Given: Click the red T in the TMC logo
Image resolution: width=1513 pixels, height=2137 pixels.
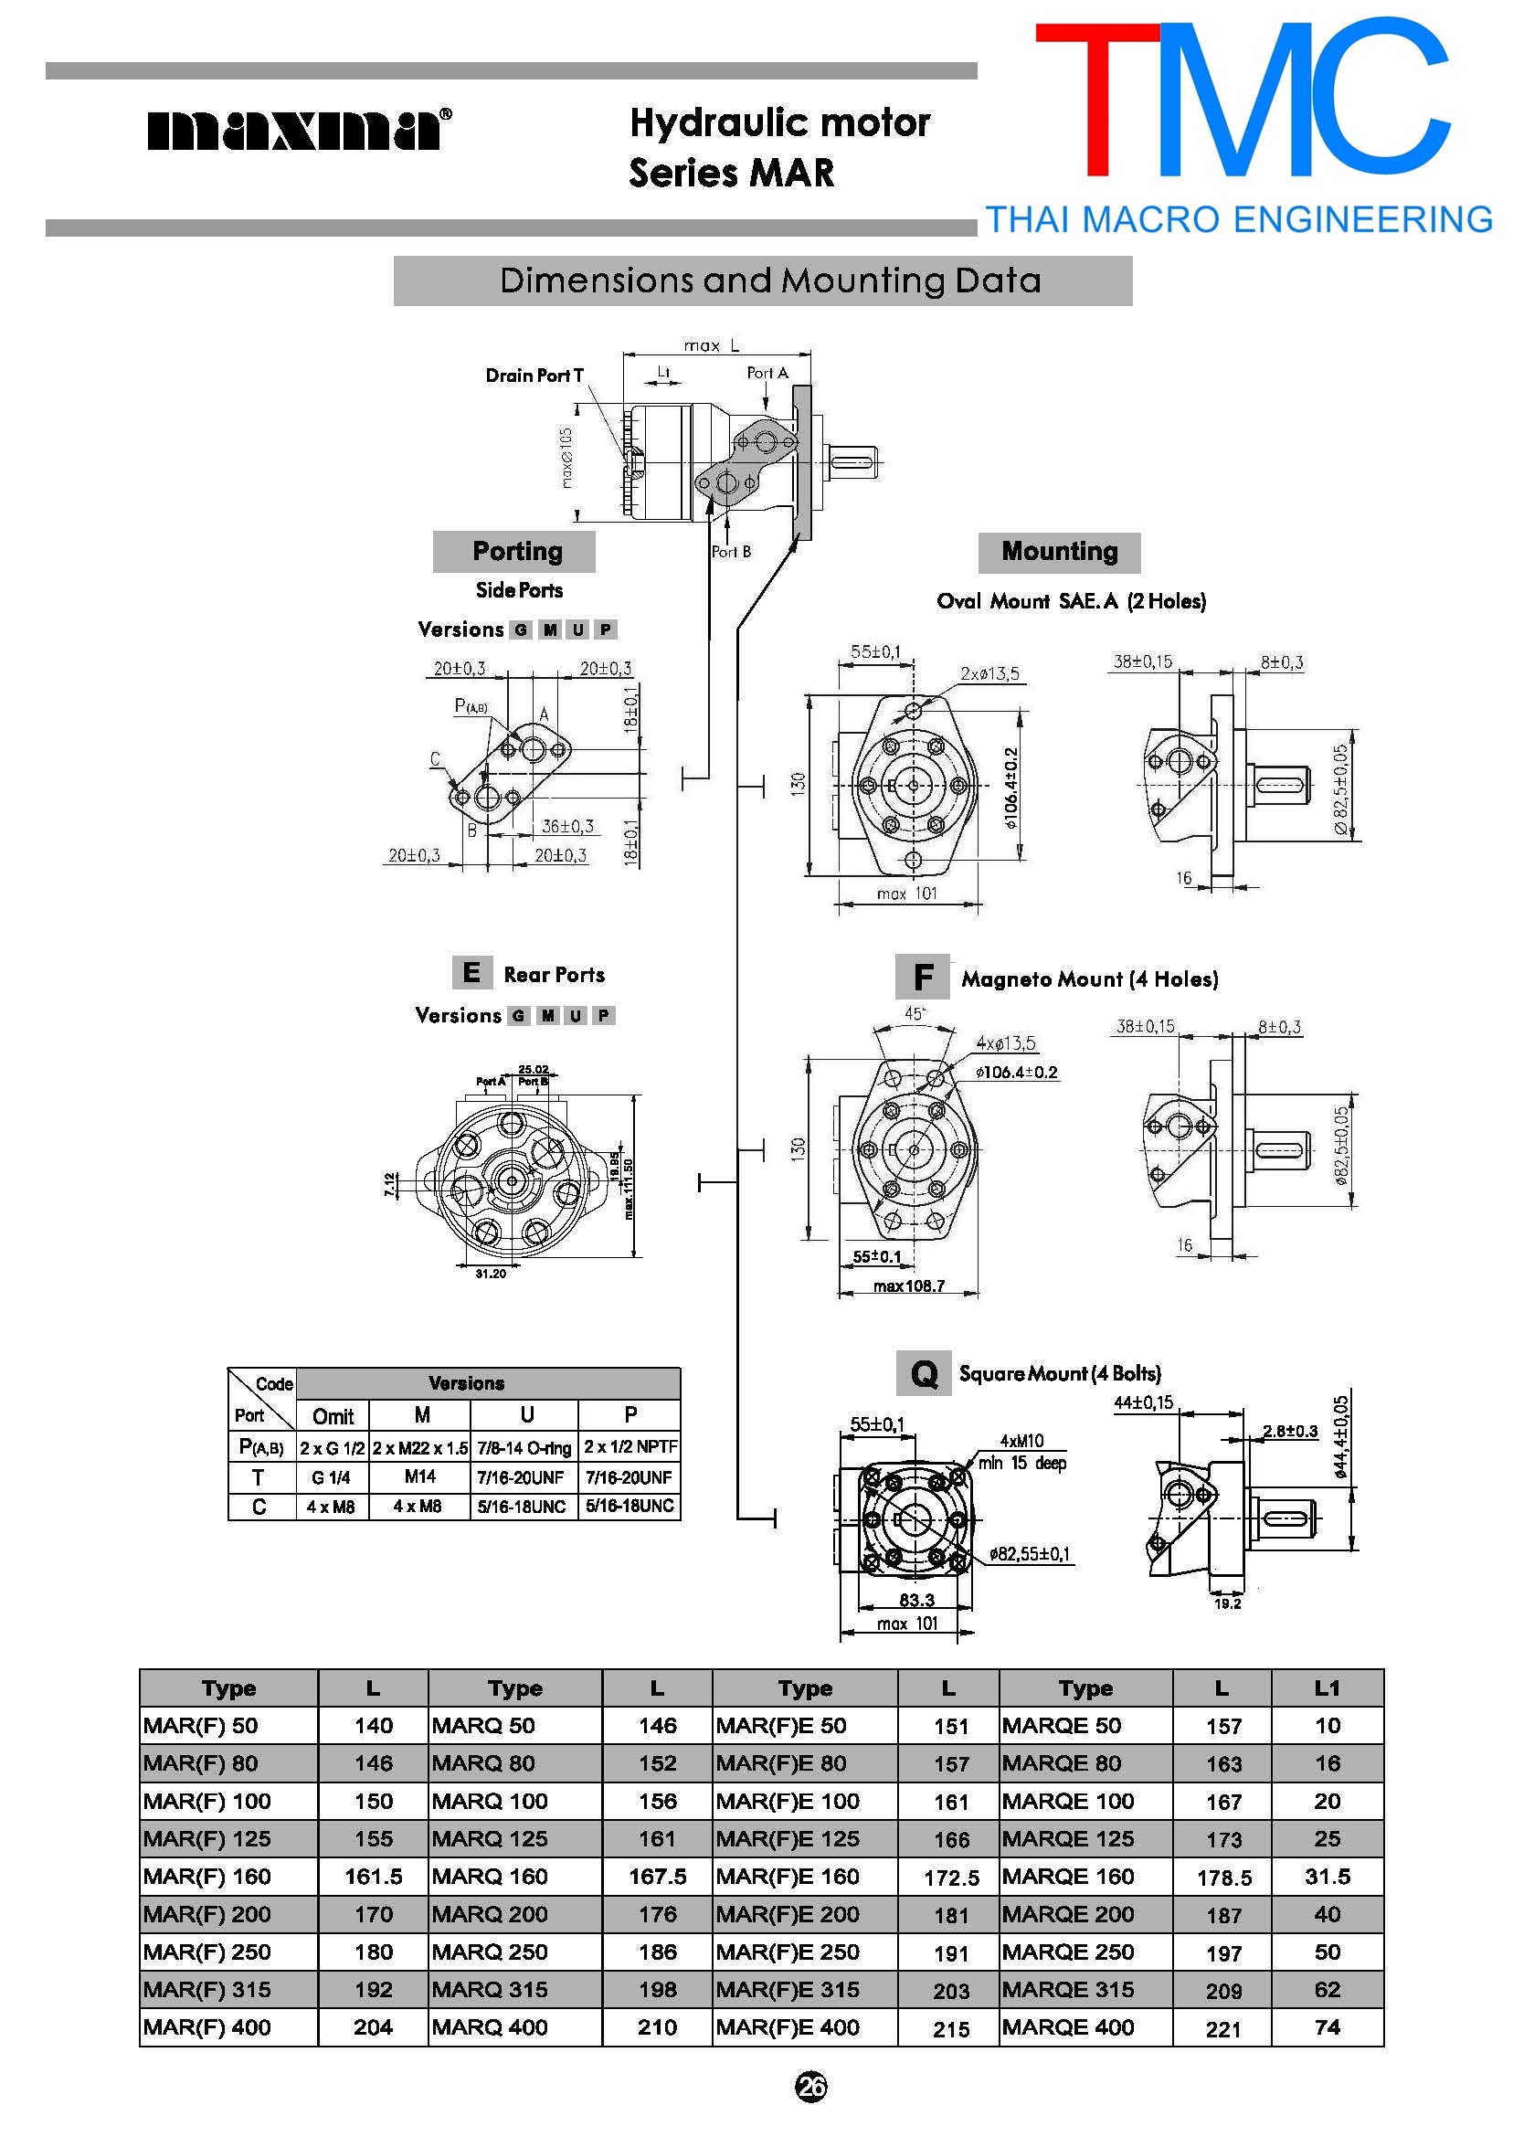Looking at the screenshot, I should [x=1096, y=98].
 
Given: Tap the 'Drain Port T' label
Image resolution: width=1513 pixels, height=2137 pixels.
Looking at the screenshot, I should [x=534, y=376].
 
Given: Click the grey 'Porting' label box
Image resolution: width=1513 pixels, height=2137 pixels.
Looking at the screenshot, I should [x=514, y=552].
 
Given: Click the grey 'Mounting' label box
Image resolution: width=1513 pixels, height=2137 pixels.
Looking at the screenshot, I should [x=1058, y=552].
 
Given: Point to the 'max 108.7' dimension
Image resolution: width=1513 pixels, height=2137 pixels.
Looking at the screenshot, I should [x=908, y=1286].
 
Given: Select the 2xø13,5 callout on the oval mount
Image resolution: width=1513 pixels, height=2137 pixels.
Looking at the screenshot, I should [x=989, y=673].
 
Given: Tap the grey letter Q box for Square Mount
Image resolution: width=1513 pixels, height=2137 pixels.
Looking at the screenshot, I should [x=924, y=1373].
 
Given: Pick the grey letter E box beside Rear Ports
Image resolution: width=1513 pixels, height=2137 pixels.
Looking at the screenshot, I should [x=471, y=972].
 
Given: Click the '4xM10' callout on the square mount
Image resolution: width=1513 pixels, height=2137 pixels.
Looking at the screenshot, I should [x=1021, y=1441].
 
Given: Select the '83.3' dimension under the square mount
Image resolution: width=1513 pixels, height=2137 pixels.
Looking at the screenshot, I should [x=915, y=1601].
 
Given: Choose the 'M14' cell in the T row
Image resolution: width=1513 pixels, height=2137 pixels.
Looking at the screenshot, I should [x=420, y=1476].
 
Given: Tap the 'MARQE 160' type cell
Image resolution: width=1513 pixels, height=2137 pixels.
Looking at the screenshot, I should [x=1068, y=1877].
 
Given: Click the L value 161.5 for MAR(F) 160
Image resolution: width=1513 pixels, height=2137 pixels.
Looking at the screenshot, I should [x=373, y=1877].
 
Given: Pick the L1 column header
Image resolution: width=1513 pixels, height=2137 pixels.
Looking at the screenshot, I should [x=1327, y=1688].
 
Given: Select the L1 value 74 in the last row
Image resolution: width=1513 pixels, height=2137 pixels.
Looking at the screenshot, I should [x=1327, y=2027].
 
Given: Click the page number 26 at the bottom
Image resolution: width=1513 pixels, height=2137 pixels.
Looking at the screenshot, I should [x=810, y=2088].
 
